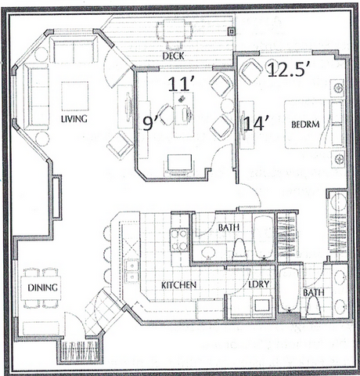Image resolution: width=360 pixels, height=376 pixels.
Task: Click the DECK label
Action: [173, 56]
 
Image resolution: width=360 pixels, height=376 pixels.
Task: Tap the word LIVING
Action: [75, 118]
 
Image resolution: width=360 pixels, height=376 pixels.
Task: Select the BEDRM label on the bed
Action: [302, 125]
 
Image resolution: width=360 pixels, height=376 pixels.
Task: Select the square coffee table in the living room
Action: [75, 96]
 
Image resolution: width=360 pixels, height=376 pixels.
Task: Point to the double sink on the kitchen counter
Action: [131, 270]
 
